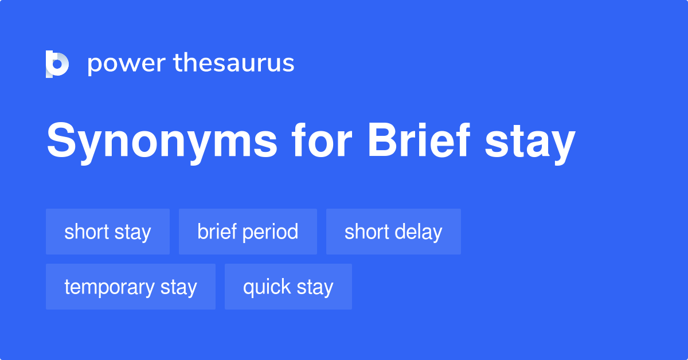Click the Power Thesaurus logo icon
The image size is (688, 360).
(57, 64)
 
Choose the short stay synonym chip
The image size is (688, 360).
(108, 232)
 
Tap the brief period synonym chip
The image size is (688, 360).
(248, 232)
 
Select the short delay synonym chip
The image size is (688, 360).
(393, 232)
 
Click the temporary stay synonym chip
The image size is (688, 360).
(131, 287)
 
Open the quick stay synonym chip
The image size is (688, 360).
(288, 287)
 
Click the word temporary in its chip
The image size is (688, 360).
(110, 287)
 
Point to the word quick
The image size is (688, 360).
(261, 287)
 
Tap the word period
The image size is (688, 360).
(272, 232)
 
